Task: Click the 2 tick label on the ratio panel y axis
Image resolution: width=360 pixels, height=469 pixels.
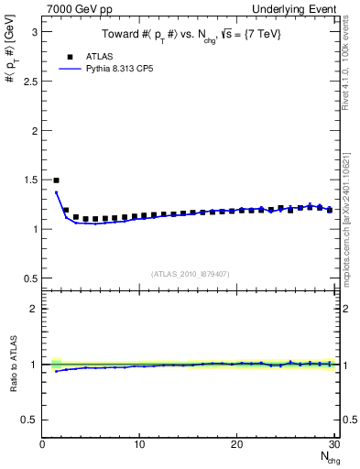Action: click(33, 309)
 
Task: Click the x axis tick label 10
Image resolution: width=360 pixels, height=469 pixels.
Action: click(139, 444)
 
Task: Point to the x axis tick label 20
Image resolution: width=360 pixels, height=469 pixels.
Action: click(236, 444)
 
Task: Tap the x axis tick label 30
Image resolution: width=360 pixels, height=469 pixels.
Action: click(333, 444)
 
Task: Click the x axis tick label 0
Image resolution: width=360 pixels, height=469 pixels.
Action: click(43, 444)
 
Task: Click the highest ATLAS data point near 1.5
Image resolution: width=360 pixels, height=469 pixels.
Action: click(56, 180)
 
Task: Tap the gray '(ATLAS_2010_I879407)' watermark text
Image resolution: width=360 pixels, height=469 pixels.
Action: click(190, 274)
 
